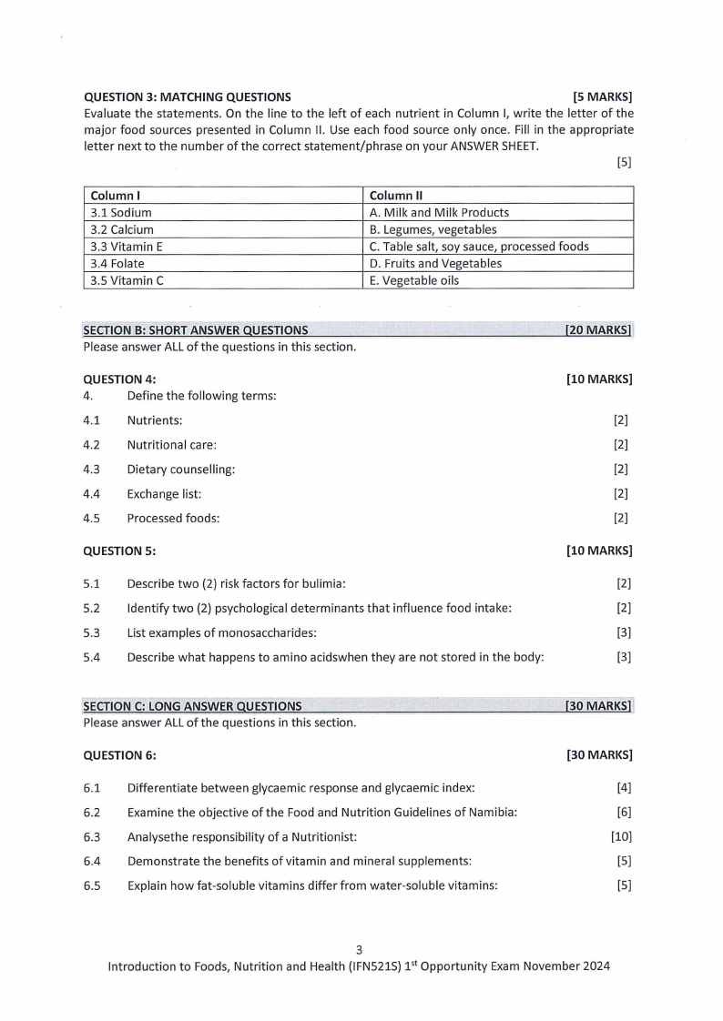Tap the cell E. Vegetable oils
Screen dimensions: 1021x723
(x=497, y=280)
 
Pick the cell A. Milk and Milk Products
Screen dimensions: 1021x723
(x=497, y=213)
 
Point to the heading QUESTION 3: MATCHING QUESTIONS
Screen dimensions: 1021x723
(x=187, y=96)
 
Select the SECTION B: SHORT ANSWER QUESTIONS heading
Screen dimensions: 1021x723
(x=195, y=330)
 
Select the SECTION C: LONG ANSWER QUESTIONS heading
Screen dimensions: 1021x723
(x=192, y=706)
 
